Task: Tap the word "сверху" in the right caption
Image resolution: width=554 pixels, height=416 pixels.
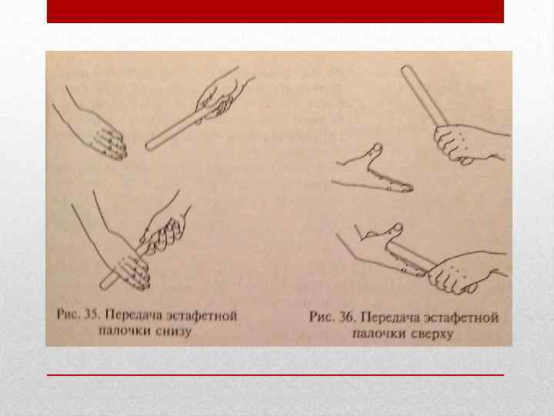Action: (432, 334)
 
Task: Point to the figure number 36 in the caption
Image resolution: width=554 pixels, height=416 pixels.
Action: (346, 317)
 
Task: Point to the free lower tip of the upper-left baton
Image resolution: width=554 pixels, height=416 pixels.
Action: (149, 146)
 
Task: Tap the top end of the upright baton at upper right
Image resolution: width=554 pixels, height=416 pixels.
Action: (406, 69)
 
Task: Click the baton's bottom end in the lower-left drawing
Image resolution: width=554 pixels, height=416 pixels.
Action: (105, 284)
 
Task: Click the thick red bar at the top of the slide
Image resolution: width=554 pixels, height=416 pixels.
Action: (275, 12)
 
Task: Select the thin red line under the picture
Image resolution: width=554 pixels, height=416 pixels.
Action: (275, 374)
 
